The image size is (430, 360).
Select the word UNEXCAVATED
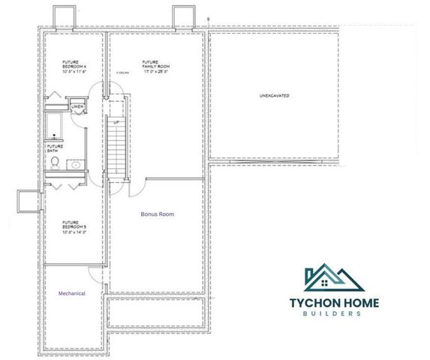click(x=275, y=97)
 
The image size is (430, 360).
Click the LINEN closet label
click(x=78, y=107)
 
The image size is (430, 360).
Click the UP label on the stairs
click(x=116, y=121)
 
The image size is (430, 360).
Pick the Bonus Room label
click(x=158, y=214)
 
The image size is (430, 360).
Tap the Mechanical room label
click(x=72, y=293)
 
